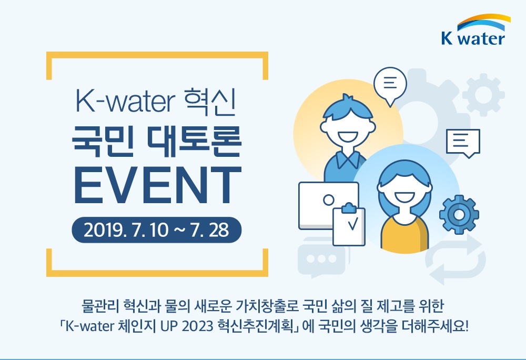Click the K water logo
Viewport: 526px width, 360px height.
[476, 30]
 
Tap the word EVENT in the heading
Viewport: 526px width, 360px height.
[157, 185]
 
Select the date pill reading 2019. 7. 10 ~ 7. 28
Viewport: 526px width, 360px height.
[157, 230]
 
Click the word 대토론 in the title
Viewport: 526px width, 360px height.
[195, 142]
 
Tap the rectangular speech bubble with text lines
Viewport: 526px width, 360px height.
[463, 143]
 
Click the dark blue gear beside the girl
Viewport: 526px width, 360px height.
[459, 214]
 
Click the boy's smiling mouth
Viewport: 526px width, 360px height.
[348, 137]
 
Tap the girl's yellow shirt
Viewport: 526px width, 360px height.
[404, 234]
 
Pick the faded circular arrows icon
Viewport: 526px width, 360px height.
[455, 259]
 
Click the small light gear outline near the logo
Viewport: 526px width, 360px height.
[483, 95]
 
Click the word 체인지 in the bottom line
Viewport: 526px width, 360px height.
[137, 326]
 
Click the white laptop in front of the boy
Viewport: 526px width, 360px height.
[328, 206]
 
